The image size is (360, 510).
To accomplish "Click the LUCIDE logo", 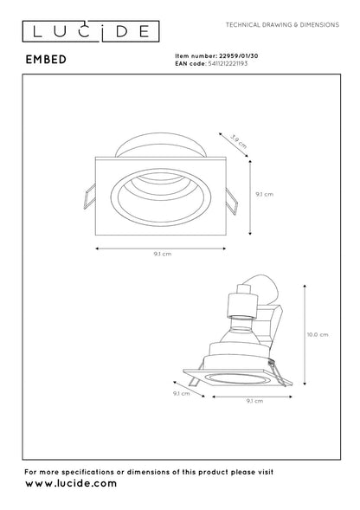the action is coord(91,31).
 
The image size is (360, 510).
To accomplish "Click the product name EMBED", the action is coord(46,60).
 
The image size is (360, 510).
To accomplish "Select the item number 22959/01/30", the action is coord(238,56).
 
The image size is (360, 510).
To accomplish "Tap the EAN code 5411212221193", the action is coord(228,63).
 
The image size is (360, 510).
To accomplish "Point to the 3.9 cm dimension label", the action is coord(238,141).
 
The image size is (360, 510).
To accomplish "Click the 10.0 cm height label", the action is coord(318,334).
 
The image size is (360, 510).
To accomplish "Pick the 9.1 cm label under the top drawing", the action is coord(163,254).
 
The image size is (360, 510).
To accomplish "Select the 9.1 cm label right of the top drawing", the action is coord(265,194).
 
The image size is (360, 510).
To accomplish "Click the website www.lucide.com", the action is coord(71,483).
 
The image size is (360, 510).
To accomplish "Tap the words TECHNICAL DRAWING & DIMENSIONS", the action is coord(282,25).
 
